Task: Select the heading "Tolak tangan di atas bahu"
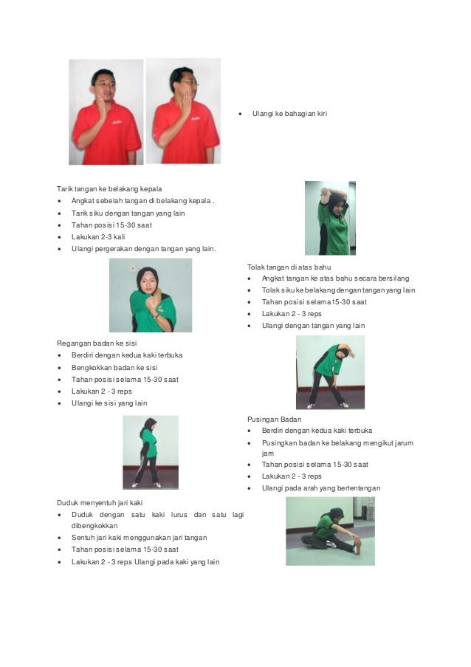point(289,266)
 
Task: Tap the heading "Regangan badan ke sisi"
point(97,343)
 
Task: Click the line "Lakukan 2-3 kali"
point(97,236)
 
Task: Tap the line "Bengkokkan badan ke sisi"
point(114,367)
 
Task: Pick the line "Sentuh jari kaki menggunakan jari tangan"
point(139,538)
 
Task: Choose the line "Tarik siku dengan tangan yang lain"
point(128,213)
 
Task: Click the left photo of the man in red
point(106,112)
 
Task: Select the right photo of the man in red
point(183,111)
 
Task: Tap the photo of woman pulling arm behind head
point(330,218)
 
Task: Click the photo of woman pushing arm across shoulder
point(151,295)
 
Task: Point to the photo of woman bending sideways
point(330,372)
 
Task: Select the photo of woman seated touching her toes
point(330,531)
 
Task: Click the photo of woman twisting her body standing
point(150,452)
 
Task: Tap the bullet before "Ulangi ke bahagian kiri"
point(241,114)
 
